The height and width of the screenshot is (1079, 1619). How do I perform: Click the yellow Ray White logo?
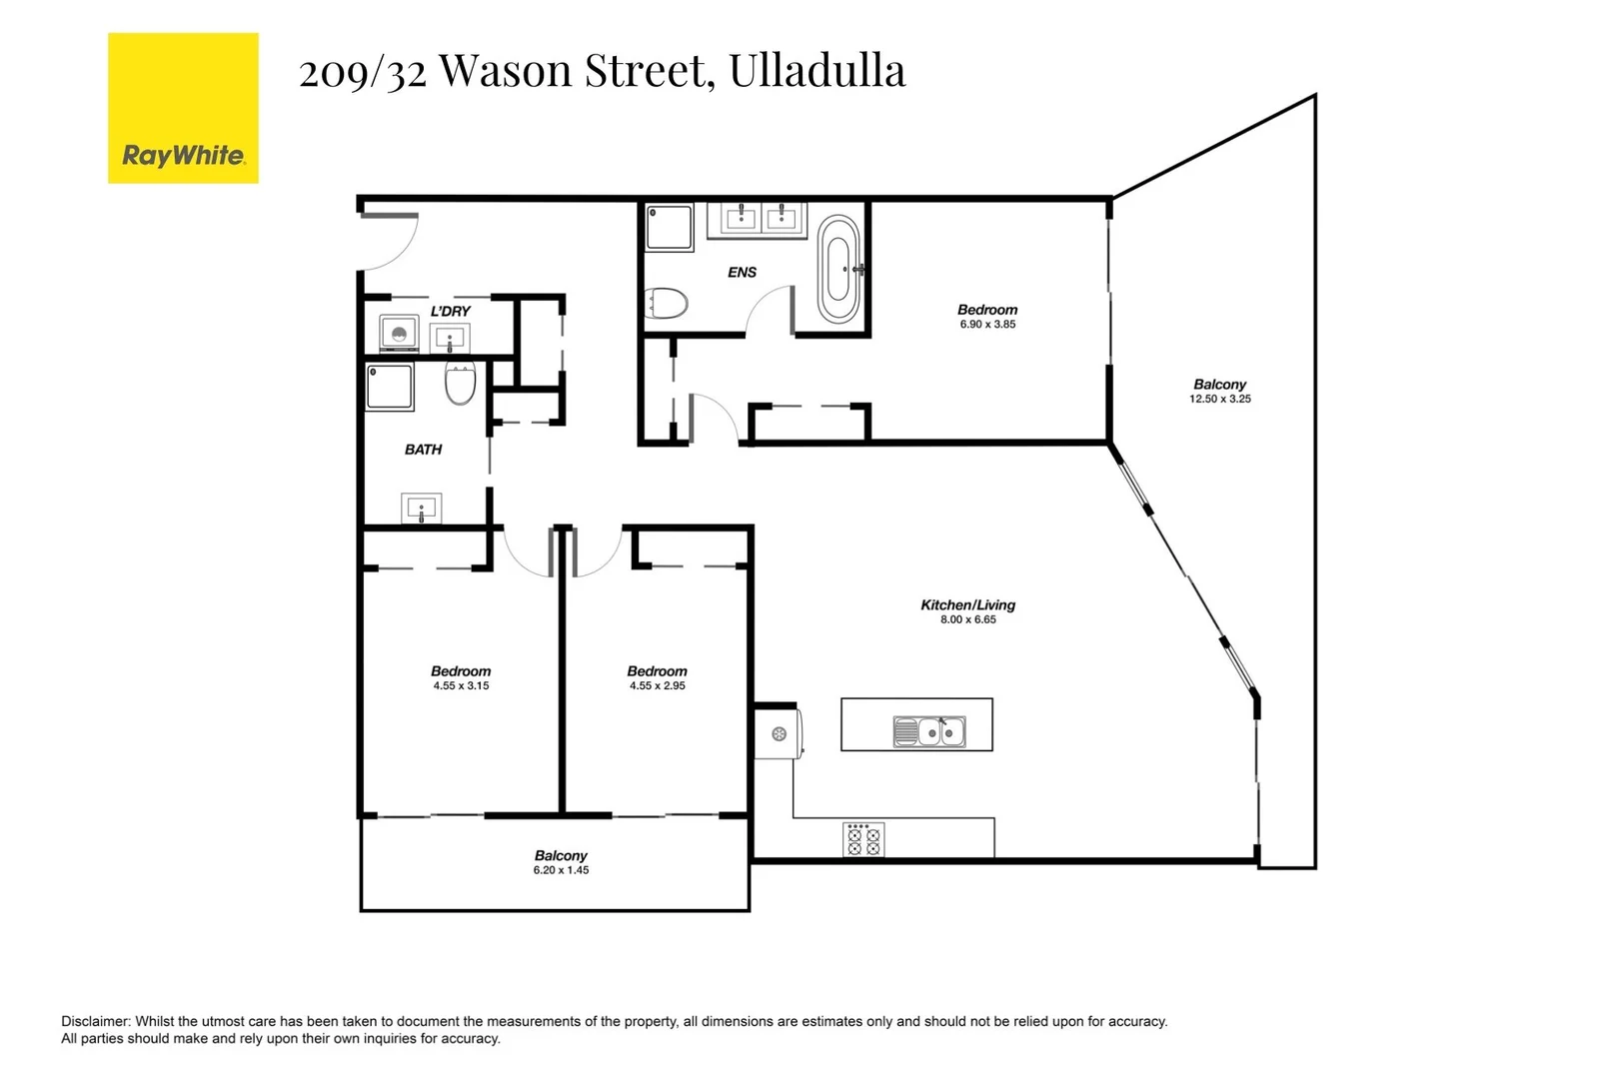point(183,108)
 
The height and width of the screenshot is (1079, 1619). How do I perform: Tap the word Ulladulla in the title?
point(816,71)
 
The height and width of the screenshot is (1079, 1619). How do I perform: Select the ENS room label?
point(742,272)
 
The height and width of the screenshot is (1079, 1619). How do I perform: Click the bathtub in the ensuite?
point(838,269)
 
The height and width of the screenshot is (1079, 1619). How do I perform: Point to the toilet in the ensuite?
point(667,303)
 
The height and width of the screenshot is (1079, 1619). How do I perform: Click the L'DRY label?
point(450,311)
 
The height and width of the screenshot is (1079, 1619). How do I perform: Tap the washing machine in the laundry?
point(399,333)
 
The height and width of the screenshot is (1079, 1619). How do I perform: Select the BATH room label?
point(423,450)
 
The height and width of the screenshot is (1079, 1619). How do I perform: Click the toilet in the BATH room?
point(460,383)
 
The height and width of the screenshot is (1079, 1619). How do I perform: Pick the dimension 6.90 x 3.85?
point(986,325)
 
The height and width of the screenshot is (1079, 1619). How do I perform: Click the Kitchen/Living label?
point(967,604)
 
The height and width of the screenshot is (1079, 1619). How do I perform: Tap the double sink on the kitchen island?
point(928,732)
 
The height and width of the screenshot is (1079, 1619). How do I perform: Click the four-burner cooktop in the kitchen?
point(863,840)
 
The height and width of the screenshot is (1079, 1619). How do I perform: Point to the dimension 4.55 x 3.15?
point(461,686)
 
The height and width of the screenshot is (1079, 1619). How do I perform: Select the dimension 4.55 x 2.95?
point(657,686)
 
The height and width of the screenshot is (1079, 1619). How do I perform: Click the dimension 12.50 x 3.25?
point(1219,399)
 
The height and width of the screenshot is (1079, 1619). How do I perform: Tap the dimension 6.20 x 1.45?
point(561,870)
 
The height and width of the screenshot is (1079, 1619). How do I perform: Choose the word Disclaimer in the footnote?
point(95,1021)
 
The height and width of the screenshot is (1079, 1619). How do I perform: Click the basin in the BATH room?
point(422,509)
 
